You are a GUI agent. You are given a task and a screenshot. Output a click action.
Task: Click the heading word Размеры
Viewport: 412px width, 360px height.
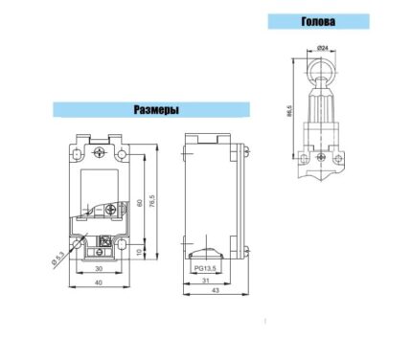click(x=156, y=109)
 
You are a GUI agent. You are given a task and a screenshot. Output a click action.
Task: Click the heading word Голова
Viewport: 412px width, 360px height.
click(x=318, y=21)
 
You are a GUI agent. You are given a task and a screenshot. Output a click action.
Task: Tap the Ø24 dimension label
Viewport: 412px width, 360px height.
click(x=323, y=48)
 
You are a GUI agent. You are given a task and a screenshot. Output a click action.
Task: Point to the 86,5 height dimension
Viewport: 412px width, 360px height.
click(x=289, y=110)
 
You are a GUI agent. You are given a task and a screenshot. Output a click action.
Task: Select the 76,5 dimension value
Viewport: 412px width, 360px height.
click(x=152, y=201)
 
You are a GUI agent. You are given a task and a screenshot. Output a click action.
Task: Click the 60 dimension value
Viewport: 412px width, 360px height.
click(x=140, y=203)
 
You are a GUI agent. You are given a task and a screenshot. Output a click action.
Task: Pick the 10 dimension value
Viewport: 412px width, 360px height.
click(x=139, y=253)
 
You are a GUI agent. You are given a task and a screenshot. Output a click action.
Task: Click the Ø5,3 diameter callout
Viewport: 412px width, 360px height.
click(x=57, y=258)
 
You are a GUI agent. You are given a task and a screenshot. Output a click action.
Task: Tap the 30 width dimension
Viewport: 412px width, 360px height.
click(x=99, y=269)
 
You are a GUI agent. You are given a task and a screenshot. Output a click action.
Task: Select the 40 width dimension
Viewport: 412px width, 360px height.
click(x=99, y=282)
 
